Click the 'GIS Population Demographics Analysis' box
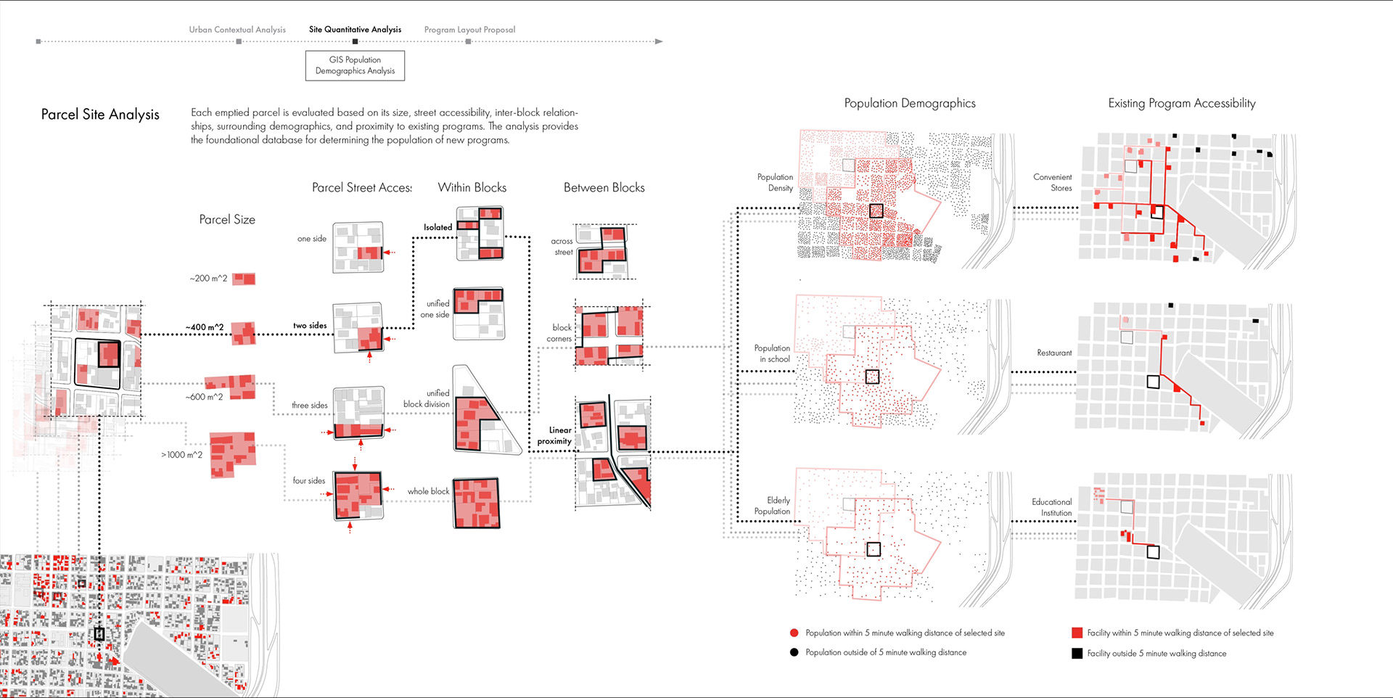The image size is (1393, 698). pyautogui.click(x=355, y=65)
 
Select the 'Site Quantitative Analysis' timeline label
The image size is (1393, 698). pyautogui.click(x=355, y=30)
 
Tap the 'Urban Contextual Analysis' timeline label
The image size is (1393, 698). pyautogui.click(x=237, y=30)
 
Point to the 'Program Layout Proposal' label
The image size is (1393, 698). pyautogui.click(x=469, y=30)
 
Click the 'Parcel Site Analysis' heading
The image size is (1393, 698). pyautogui.click(x=100, y=115)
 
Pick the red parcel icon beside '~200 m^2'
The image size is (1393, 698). pyautogui.click(x=244, y=279)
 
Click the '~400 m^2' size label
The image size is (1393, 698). pyautogui.click(x=205, y=327)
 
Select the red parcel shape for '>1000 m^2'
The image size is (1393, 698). pyautogui.click(x=232, y=455)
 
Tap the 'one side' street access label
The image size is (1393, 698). pyautogui.click(x=312, y=239)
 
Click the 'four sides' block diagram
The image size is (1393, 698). pyautogui.click(x=358, y=496)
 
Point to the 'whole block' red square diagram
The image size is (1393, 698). pyautogui.click(x=477, y=503)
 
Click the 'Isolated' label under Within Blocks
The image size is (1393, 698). pyautogui.click(x=437, y=227)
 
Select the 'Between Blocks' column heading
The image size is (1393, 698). pyautogui.click(x=604, y=188)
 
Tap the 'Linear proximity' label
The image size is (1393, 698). pyautogui.click(x=555, y=435)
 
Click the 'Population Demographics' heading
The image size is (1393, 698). pyautogui.click(x=910, y=104)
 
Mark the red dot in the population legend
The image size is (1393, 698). pyautogui.click(x=794, y=633)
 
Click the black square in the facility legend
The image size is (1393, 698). pyautogui.click(x=1077, y=653)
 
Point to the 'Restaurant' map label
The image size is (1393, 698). pyautogui.click(x=1054, y=353)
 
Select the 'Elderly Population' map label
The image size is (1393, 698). pyautogui.click(x=773, y=506)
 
